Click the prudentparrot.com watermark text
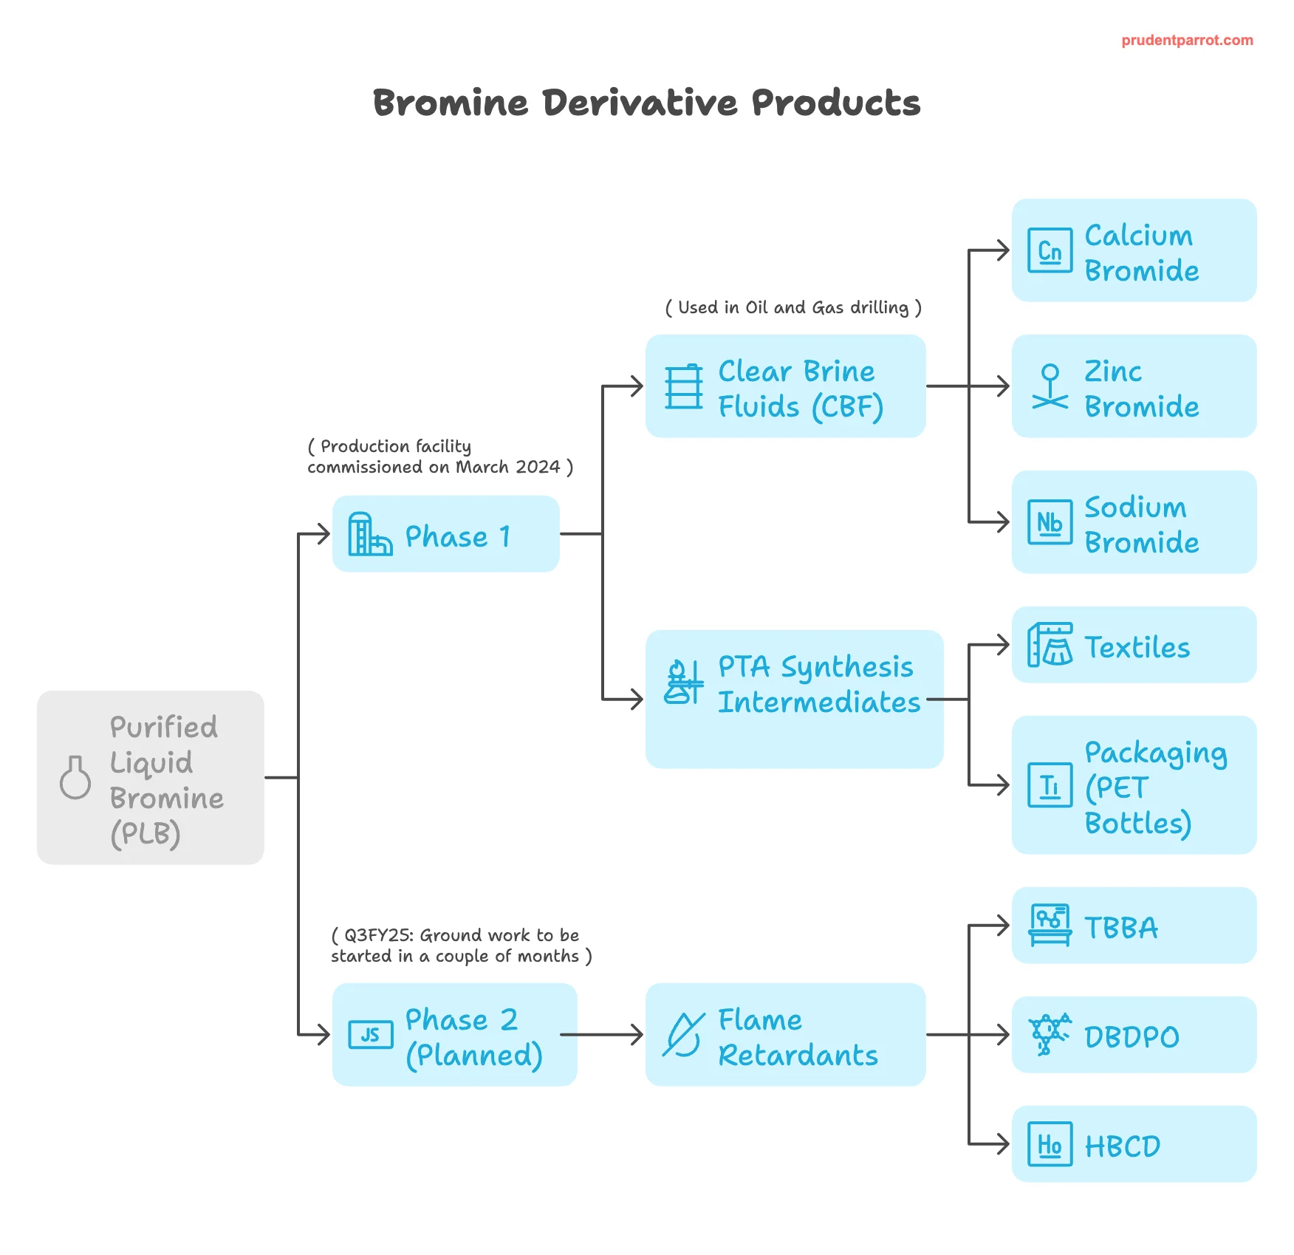coord(1187,41)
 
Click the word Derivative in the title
coord(640,102)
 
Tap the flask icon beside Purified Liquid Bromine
coord(75,777)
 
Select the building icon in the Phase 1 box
coord(370,533)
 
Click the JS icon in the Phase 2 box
coord(371,1034)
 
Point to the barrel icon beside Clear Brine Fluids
coord(684,386)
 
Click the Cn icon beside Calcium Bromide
coord(1050,250)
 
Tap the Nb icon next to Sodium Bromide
coord(1050,522)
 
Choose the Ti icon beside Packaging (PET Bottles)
coord(1050,784)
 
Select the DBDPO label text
coord(1132,1037)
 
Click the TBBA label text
coord(1121,928)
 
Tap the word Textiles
coord(1137,647)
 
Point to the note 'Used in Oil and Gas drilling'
coord(793,307)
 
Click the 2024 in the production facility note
coord(538,467)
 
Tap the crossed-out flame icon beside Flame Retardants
coord(684,1034)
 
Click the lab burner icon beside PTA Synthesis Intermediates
coord(684,681)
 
